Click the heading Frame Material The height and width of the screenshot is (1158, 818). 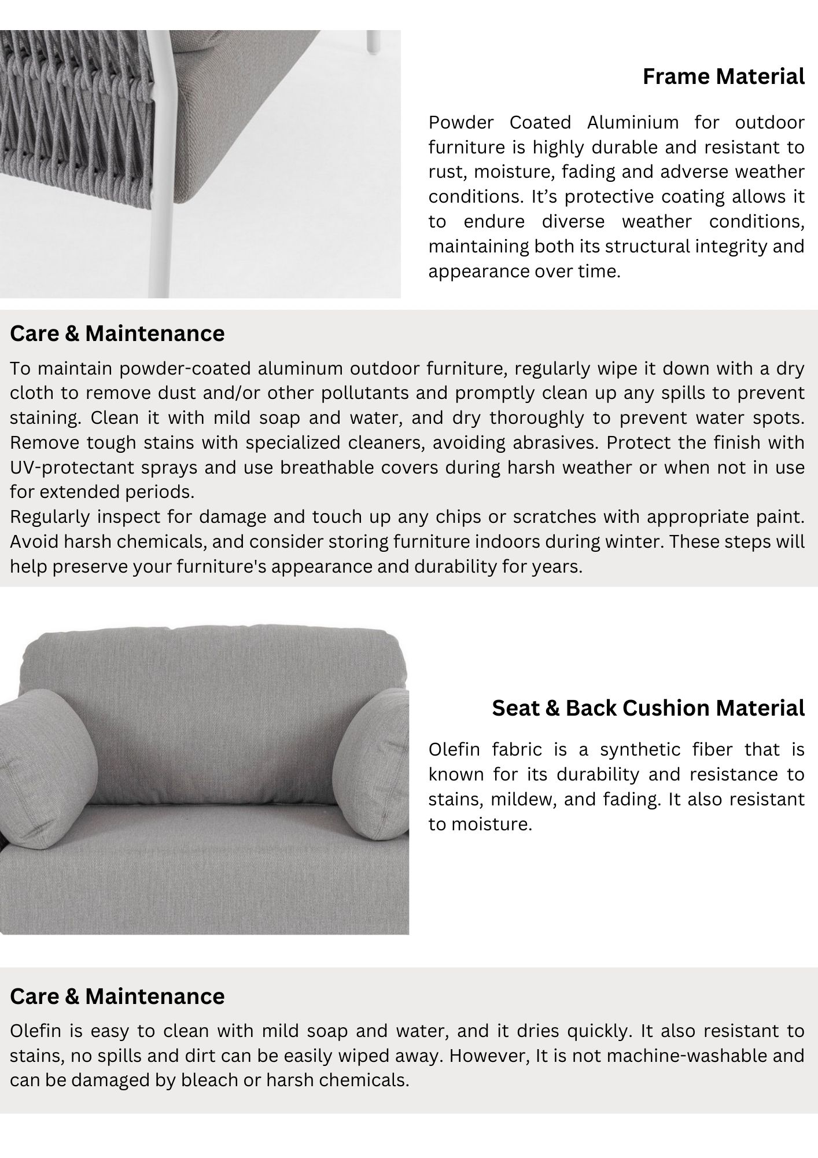[x=723, y=76]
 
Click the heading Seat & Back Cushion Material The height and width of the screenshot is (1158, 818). [x=648, y=708]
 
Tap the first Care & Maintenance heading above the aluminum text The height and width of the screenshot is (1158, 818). [x=117, y=334]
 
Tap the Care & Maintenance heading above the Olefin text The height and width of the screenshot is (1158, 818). [x=117, y=996]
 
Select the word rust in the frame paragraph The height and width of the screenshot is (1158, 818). [x=443, y=172]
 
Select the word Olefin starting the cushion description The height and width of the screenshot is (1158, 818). [x=454, y=750]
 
